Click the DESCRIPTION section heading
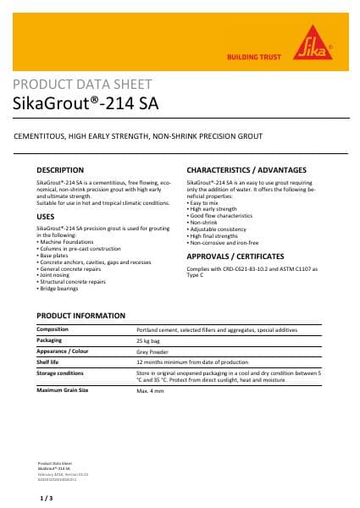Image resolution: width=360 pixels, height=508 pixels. (x=60, y=170)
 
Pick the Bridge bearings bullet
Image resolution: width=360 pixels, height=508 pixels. (x=60, y=289)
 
